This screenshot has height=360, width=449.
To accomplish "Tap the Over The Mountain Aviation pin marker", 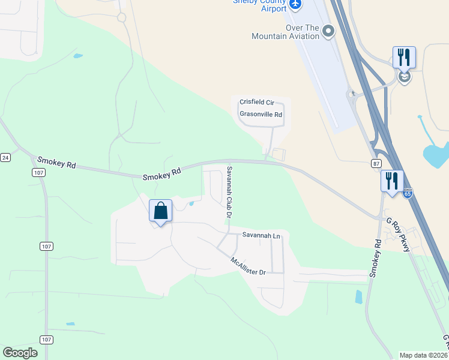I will point(328,31).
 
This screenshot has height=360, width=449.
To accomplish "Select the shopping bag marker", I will point(160,211).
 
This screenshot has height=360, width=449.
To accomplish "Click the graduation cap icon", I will point(404,77).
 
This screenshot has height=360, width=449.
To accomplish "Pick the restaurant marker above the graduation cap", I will point(404,58).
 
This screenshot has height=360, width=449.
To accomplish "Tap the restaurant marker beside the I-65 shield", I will point(391,181).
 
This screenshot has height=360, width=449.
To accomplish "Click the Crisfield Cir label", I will point(256,103).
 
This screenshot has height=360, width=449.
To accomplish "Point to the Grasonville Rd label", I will point(261,114).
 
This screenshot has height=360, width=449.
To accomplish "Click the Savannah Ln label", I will point(261,236).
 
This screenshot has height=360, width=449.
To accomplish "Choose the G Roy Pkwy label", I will point(399,234).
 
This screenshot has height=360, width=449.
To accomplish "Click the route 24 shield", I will point(5,158).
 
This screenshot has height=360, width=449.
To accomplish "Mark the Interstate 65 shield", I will point(408,193).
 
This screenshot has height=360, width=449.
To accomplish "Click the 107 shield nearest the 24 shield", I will point(38,172).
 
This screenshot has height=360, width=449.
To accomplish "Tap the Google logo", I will point(20,353).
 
